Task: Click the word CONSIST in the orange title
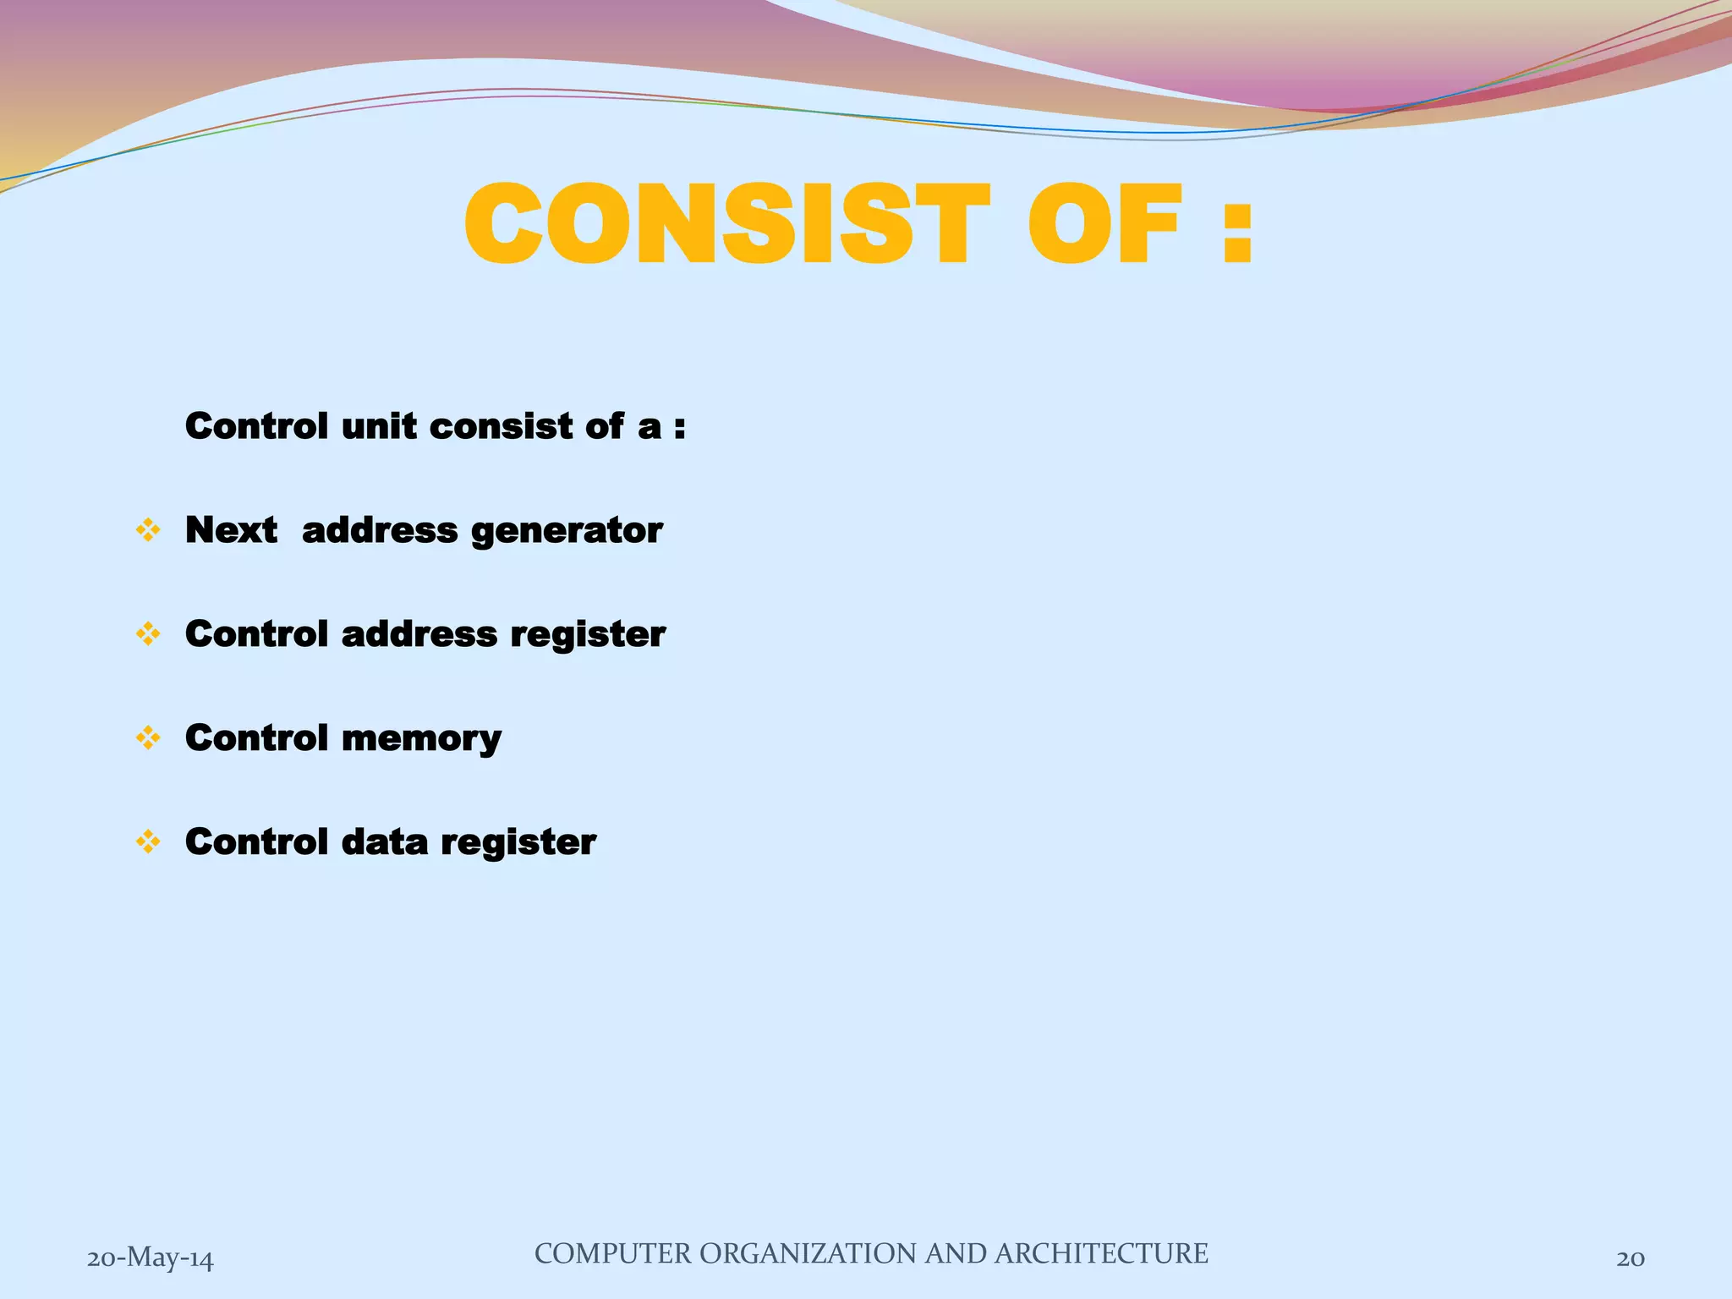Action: (726, 225)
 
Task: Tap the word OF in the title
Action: (1104, 225)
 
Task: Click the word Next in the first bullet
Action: (231, 530)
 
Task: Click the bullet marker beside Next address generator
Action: (148, 531)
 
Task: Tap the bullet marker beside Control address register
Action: (148, 634)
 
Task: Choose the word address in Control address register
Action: (419, 634)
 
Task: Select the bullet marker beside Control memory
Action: (148, 738)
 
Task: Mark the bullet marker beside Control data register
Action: (148, 842)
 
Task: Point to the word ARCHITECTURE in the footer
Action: (1101, 1253)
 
